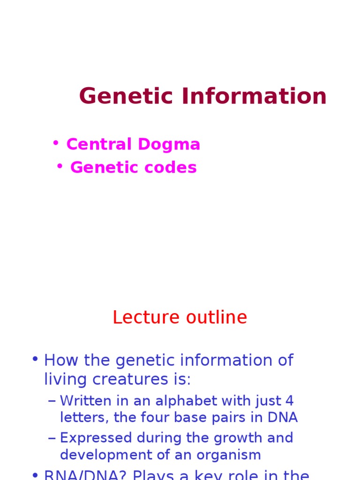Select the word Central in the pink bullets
(x=97, y=144)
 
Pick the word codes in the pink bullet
(x=173, y=167)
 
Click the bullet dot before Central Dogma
(x=56, y=142)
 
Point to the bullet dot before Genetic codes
(x=60, y=166)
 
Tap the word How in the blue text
(x=60, y=360)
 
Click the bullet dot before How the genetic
(x=35, y=360)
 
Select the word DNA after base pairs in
(x=283, y=417)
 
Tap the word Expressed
(x=96, y=438)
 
